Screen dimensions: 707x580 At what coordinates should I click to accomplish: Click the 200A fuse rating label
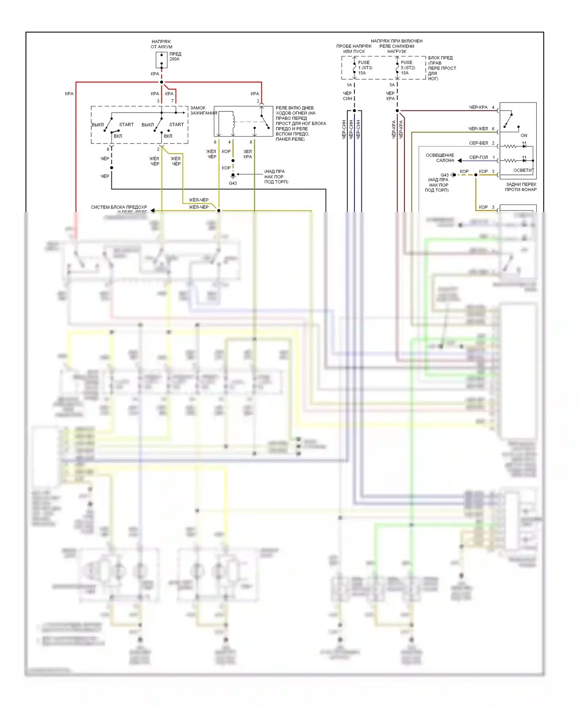pyautogui.click(x=174, y=59)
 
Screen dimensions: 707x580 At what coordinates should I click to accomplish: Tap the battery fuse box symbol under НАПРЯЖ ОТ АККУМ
pyautogui.click(x=162, y=60)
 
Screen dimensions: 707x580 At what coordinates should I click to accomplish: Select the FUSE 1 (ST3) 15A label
pyautogui.click(x=365, y=68)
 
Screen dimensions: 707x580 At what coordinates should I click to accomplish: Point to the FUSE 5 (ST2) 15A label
pyautogui.click(x=408, y=68)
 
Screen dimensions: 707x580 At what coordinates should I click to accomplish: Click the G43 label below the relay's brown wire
pyautogui.click(x=233, y=183)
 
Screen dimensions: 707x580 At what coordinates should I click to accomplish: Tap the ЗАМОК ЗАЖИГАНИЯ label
pyautogui.click(x=203, y=111)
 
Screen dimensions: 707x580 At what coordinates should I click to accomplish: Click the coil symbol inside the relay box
pyautogui.click(x=234, y=120)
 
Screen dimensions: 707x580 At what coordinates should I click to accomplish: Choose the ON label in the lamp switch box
pyautogui.click(x=524, y=135)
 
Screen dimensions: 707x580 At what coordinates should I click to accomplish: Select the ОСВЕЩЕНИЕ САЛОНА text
pyautogui.click(x=440, y=158)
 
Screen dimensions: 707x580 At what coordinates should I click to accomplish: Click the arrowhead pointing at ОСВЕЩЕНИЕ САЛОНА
pyautogui.click(x=460, y=161)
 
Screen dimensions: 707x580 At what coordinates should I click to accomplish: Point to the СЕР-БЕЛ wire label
pyautogui.click(x=478, y=143)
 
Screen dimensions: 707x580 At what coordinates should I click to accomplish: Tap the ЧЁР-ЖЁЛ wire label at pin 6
pyautogui.click(x=478, y=129)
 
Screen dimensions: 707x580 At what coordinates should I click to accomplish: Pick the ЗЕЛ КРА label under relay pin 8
pyautogui.click(x=247, y=154)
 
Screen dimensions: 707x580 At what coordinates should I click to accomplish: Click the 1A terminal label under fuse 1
pyautogui.click(x=349, y=85)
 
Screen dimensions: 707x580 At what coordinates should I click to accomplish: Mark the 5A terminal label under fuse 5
pyautogui.click(x=392, y=85)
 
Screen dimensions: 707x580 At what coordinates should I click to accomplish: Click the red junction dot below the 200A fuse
pyautogui.click(x=162, y=82)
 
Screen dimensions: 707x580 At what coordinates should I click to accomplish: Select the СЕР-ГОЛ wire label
pyautogui.click(x=478, y=157)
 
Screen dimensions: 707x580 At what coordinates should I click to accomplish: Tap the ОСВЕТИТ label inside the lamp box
pyautogui.click(x=524, y=170)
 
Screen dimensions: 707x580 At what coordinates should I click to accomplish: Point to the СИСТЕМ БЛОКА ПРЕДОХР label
pyautogui.click(x=119, y=207)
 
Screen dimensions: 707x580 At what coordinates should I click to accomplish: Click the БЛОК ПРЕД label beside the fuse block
pyautogui.click(x=440, y=58)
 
